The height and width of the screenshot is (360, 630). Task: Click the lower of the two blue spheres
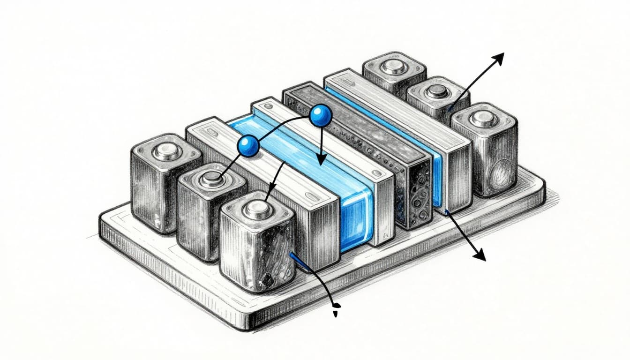(248, 146)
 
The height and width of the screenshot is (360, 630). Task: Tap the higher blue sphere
(320, 115)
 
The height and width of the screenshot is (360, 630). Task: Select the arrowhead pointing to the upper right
(497, 58)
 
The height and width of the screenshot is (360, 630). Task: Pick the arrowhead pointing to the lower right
(479, 255)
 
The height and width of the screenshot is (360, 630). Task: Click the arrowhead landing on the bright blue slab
(321, 160)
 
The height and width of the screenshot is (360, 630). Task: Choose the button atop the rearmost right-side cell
(394, 67)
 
